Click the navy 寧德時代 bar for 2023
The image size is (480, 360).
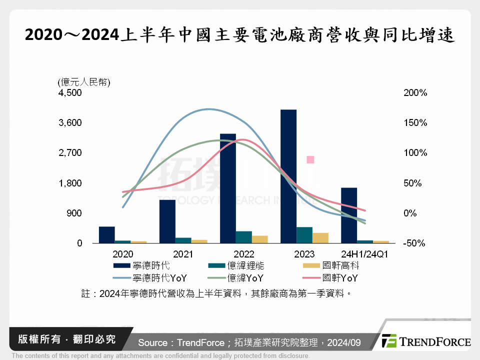coord(288,176)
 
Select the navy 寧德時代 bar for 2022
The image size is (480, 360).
coord(228,188)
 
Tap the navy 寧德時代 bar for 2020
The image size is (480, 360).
coord(107,234)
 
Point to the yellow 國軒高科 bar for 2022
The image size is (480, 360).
coord(260,239)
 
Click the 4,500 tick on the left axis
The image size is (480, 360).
coord(70,93)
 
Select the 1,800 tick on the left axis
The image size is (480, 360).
coord(70,183)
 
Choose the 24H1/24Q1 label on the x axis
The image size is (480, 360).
coord(365,254)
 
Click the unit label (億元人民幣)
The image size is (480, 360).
coord(83,82)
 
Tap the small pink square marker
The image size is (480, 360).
coord(310,159)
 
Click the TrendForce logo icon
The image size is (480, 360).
coord(389,341)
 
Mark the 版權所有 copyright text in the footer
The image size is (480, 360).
coord(36,339)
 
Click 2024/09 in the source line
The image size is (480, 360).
coord(344,342)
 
